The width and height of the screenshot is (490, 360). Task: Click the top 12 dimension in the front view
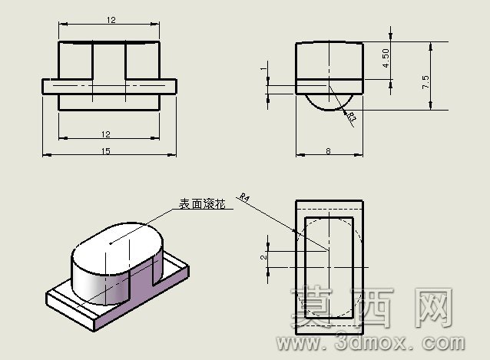(x=111, y=20)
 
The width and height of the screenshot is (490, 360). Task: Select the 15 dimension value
(x=106, y=151)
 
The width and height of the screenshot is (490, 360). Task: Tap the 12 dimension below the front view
(x=106, y=134)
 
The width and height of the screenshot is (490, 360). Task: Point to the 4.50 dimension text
(x=386, y=58)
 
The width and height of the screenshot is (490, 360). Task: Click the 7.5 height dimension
(x=425, y=82)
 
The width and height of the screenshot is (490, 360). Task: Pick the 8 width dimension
(x=328, y=151)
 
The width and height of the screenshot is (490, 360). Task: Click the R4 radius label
(x=244, y=197)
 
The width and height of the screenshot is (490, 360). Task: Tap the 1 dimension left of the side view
(x=265, y=68)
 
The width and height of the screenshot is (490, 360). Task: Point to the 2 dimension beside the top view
(x=264, y=257)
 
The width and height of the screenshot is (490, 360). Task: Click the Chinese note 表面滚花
(x=202, y=204)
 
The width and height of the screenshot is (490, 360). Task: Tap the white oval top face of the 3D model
(x=118, y=249)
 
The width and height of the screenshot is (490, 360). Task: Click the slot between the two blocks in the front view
(x=109, y=61)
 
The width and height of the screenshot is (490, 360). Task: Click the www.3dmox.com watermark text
(x=370, y=342)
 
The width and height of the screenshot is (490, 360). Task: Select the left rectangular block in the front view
(x=75, y=61)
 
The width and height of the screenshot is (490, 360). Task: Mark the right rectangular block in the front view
(x=143, y=61)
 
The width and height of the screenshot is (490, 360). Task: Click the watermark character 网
(x=434, y=307)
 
